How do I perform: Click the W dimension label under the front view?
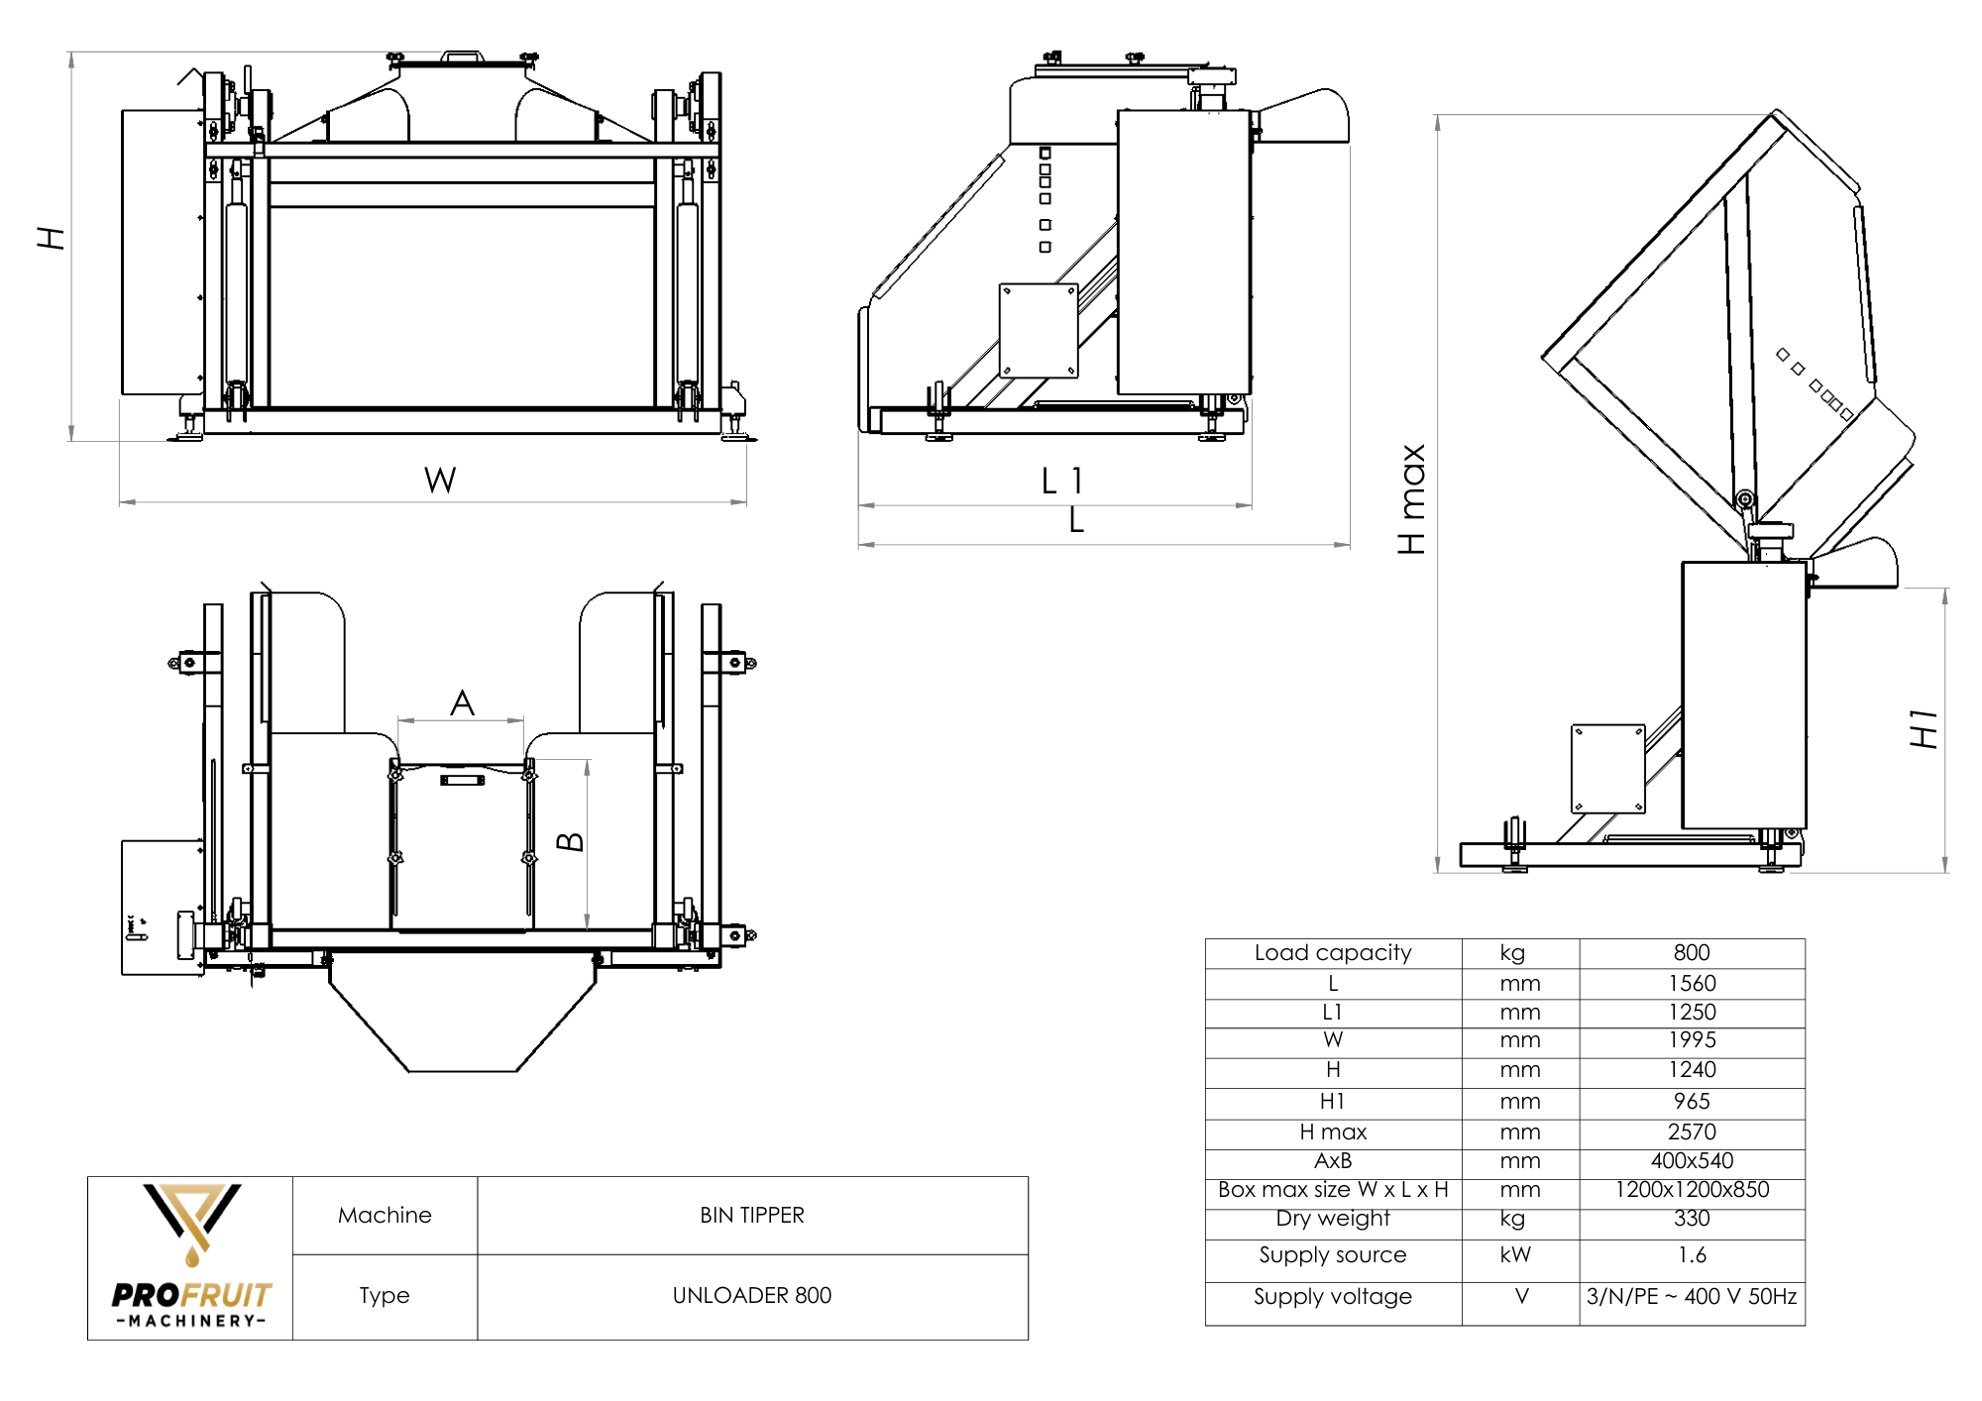pyautogui.click(x=440, y=481)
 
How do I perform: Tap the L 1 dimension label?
pyautogui.click(x=1062, y=482)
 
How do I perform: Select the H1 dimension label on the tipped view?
pyautogui.click(x=1924, y=728)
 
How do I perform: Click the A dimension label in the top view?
pyautogui.click(x=462, y=703)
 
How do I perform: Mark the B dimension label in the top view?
pyautogui.click(x=570, y=842)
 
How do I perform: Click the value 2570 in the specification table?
pyautogui.click(x=1691, y=1132)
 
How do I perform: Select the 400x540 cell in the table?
pyautogui.click(x=1691, y=1160)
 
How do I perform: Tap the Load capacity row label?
pyautogui.click(x=1332, y=952)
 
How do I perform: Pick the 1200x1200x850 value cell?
pyautogui.click(x=1691, y=1189)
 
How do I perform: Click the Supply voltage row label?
pyautogui.click(x=1332, y=1296)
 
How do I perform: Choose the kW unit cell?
pyautogui.click(x=1515, y=1254)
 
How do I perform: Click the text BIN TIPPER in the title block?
pyautogui.click(x=751, y=1215)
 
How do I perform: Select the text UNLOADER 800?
pyautogui.click(x=751, y=1295)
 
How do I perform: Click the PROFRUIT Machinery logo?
pyautogui.click(x=191, y=1256)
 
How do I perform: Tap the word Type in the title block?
pyautogui.click(x=384, y=1295)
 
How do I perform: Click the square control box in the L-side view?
pyautogui.click(x=1038, y=330)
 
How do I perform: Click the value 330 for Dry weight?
pyautogui.click(x=1691, y=1218)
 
